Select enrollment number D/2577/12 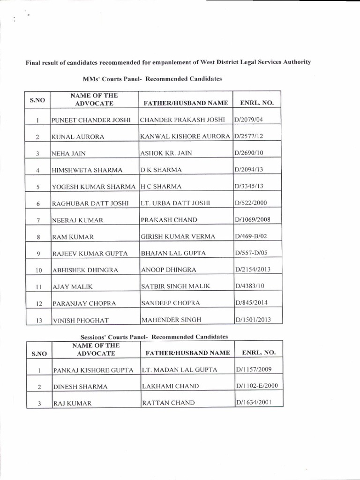click(248, 136)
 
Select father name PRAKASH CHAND click(163, 220)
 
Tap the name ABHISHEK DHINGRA click(85, 270)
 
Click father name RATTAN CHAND click(163, 403)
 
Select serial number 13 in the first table click(39, 321)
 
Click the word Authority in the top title click(293, 62)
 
